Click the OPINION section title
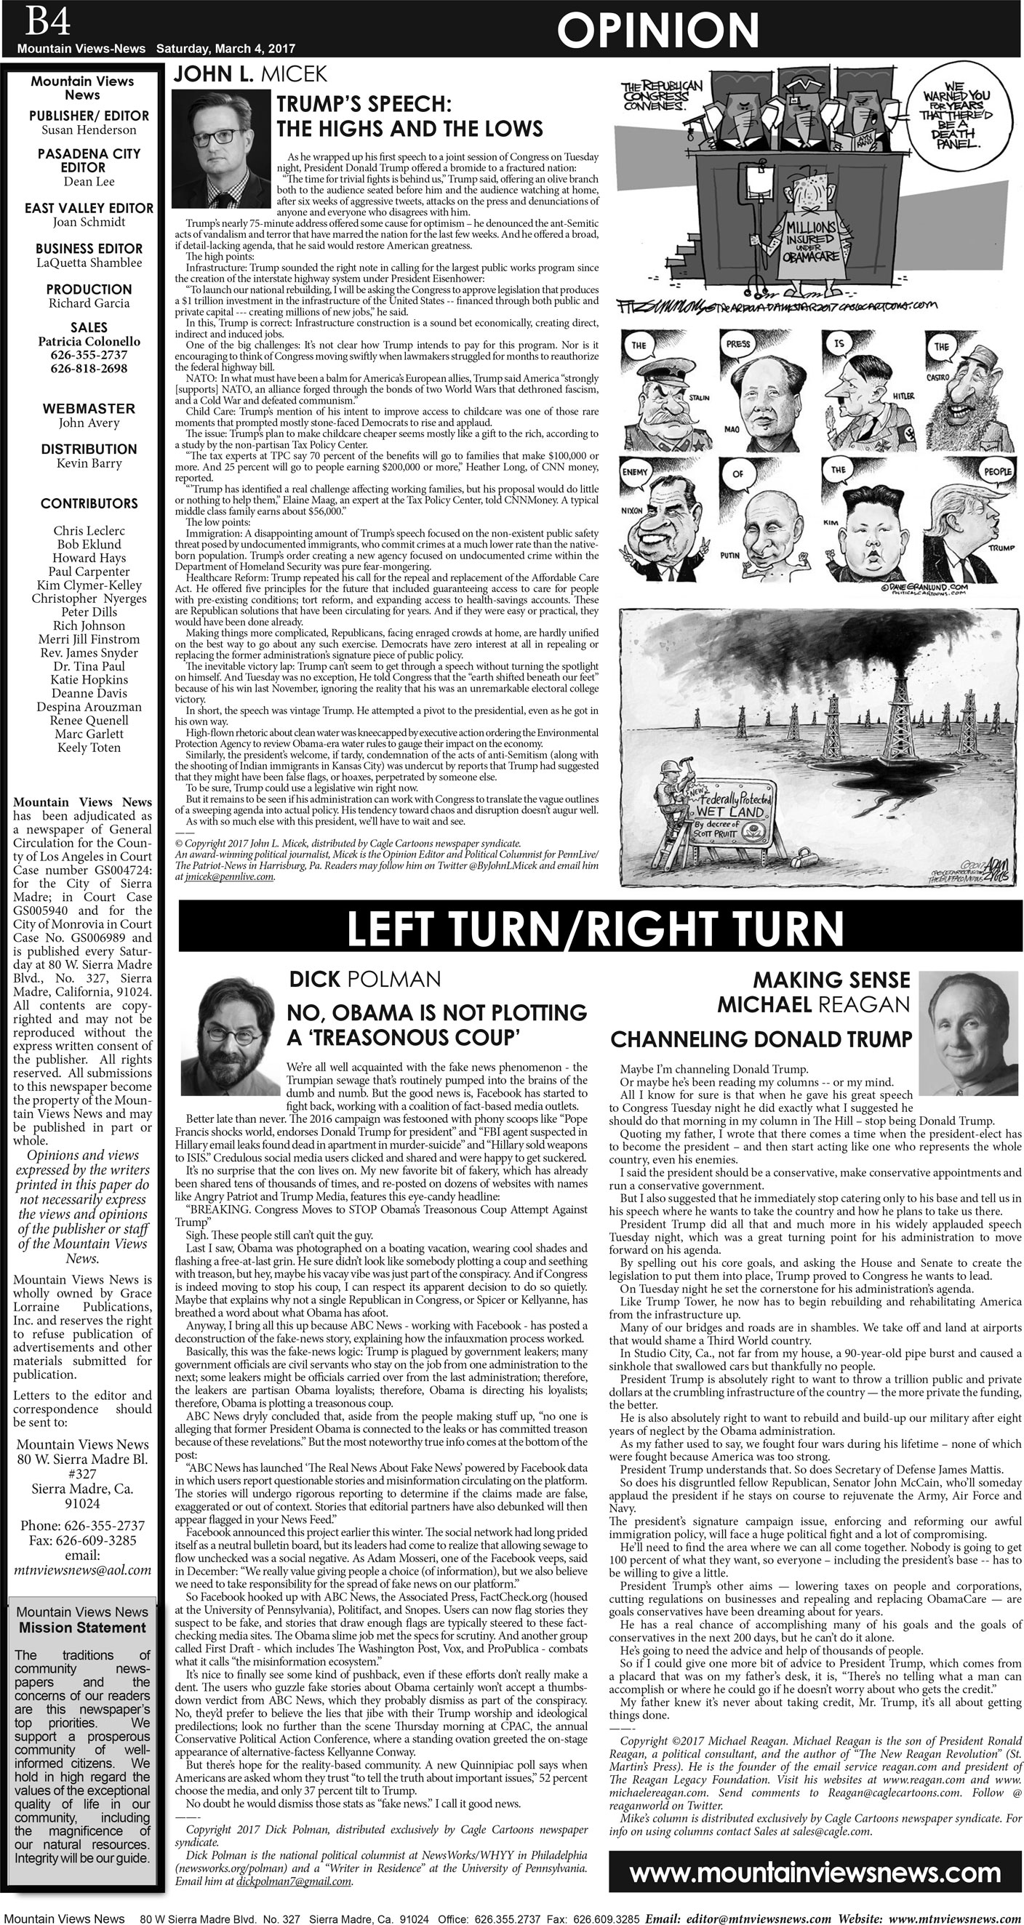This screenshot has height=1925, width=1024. coord(657,31)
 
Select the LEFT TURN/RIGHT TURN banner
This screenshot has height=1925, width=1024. coord(595,927)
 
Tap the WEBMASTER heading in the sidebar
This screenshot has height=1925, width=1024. coord(88,408)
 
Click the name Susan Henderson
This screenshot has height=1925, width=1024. coord(88,130)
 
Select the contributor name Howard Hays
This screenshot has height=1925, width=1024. coord(88,559)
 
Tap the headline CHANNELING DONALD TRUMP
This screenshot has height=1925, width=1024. coord(761,1039)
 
